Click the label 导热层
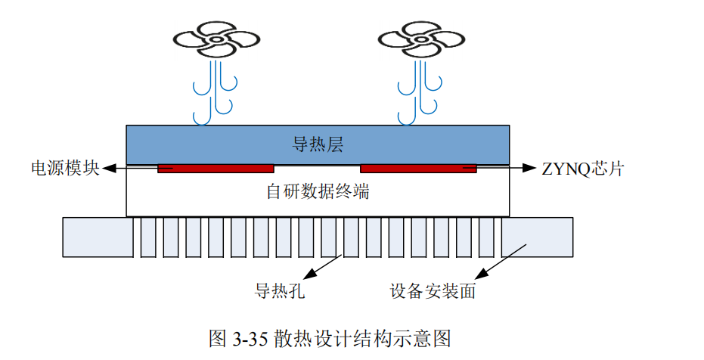[318, 143]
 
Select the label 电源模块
[65, 168]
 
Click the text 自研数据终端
[318, 191]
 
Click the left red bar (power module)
[216, 168]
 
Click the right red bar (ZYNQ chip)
[418, 168]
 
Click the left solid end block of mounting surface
[98, 236]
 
